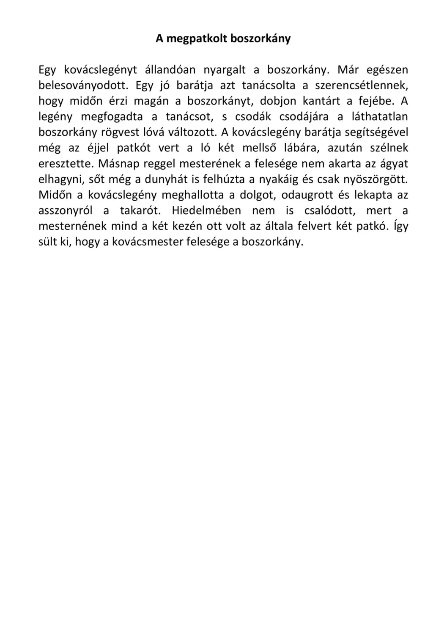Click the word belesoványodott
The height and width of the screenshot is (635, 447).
point(83,86)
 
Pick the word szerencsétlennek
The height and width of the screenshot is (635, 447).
point(362,86)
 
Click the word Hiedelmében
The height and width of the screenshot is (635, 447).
point(206,211)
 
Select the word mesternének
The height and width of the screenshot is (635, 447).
point(72,226)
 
